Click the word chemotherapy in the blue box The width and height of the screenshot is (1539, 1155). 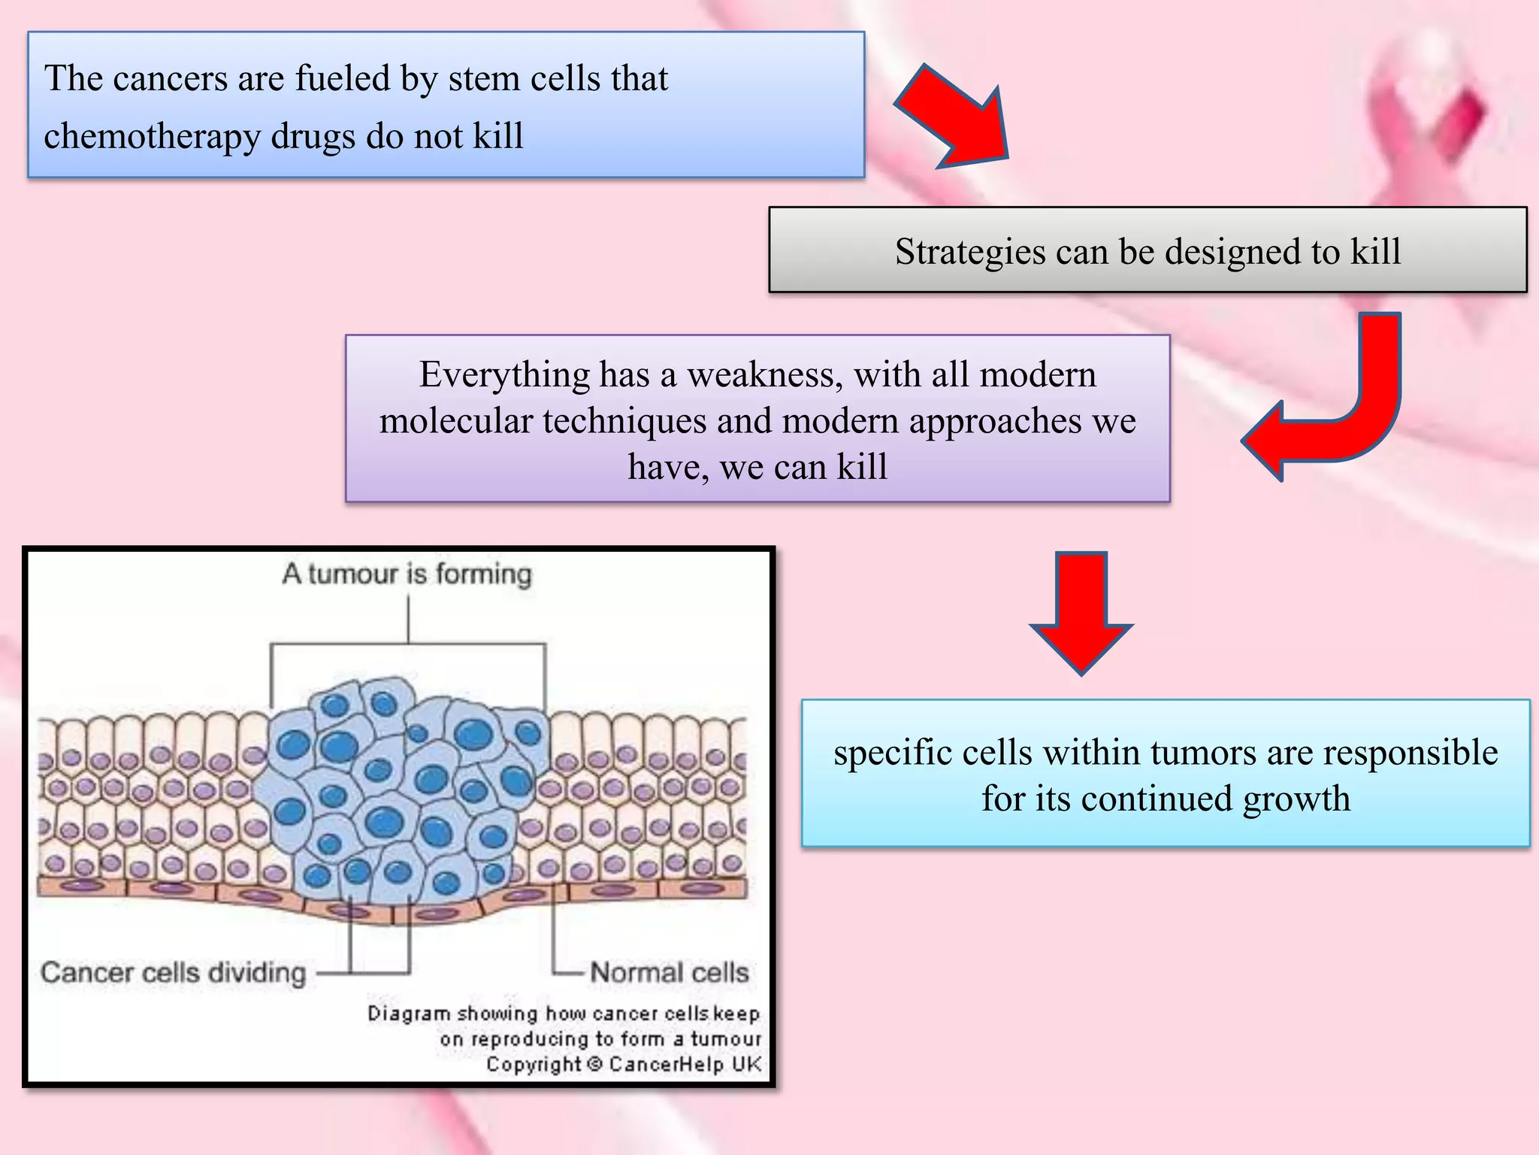tap(151, 137)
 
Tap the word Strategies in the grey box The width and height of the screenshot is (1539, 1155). tap(969, 252)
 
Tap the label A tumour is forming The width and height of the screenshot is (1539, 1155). tap(407, 574)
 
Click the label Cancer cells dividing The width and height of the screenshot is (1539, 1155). tap(174, 972)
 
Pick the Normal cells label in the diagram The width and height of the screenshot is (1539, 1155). tap(669, 972)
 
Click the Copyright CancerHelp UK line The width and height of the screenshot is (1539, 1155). tap(623, 1065)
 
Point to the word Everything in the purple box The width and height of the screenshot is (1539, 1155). tap(504, 374)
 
